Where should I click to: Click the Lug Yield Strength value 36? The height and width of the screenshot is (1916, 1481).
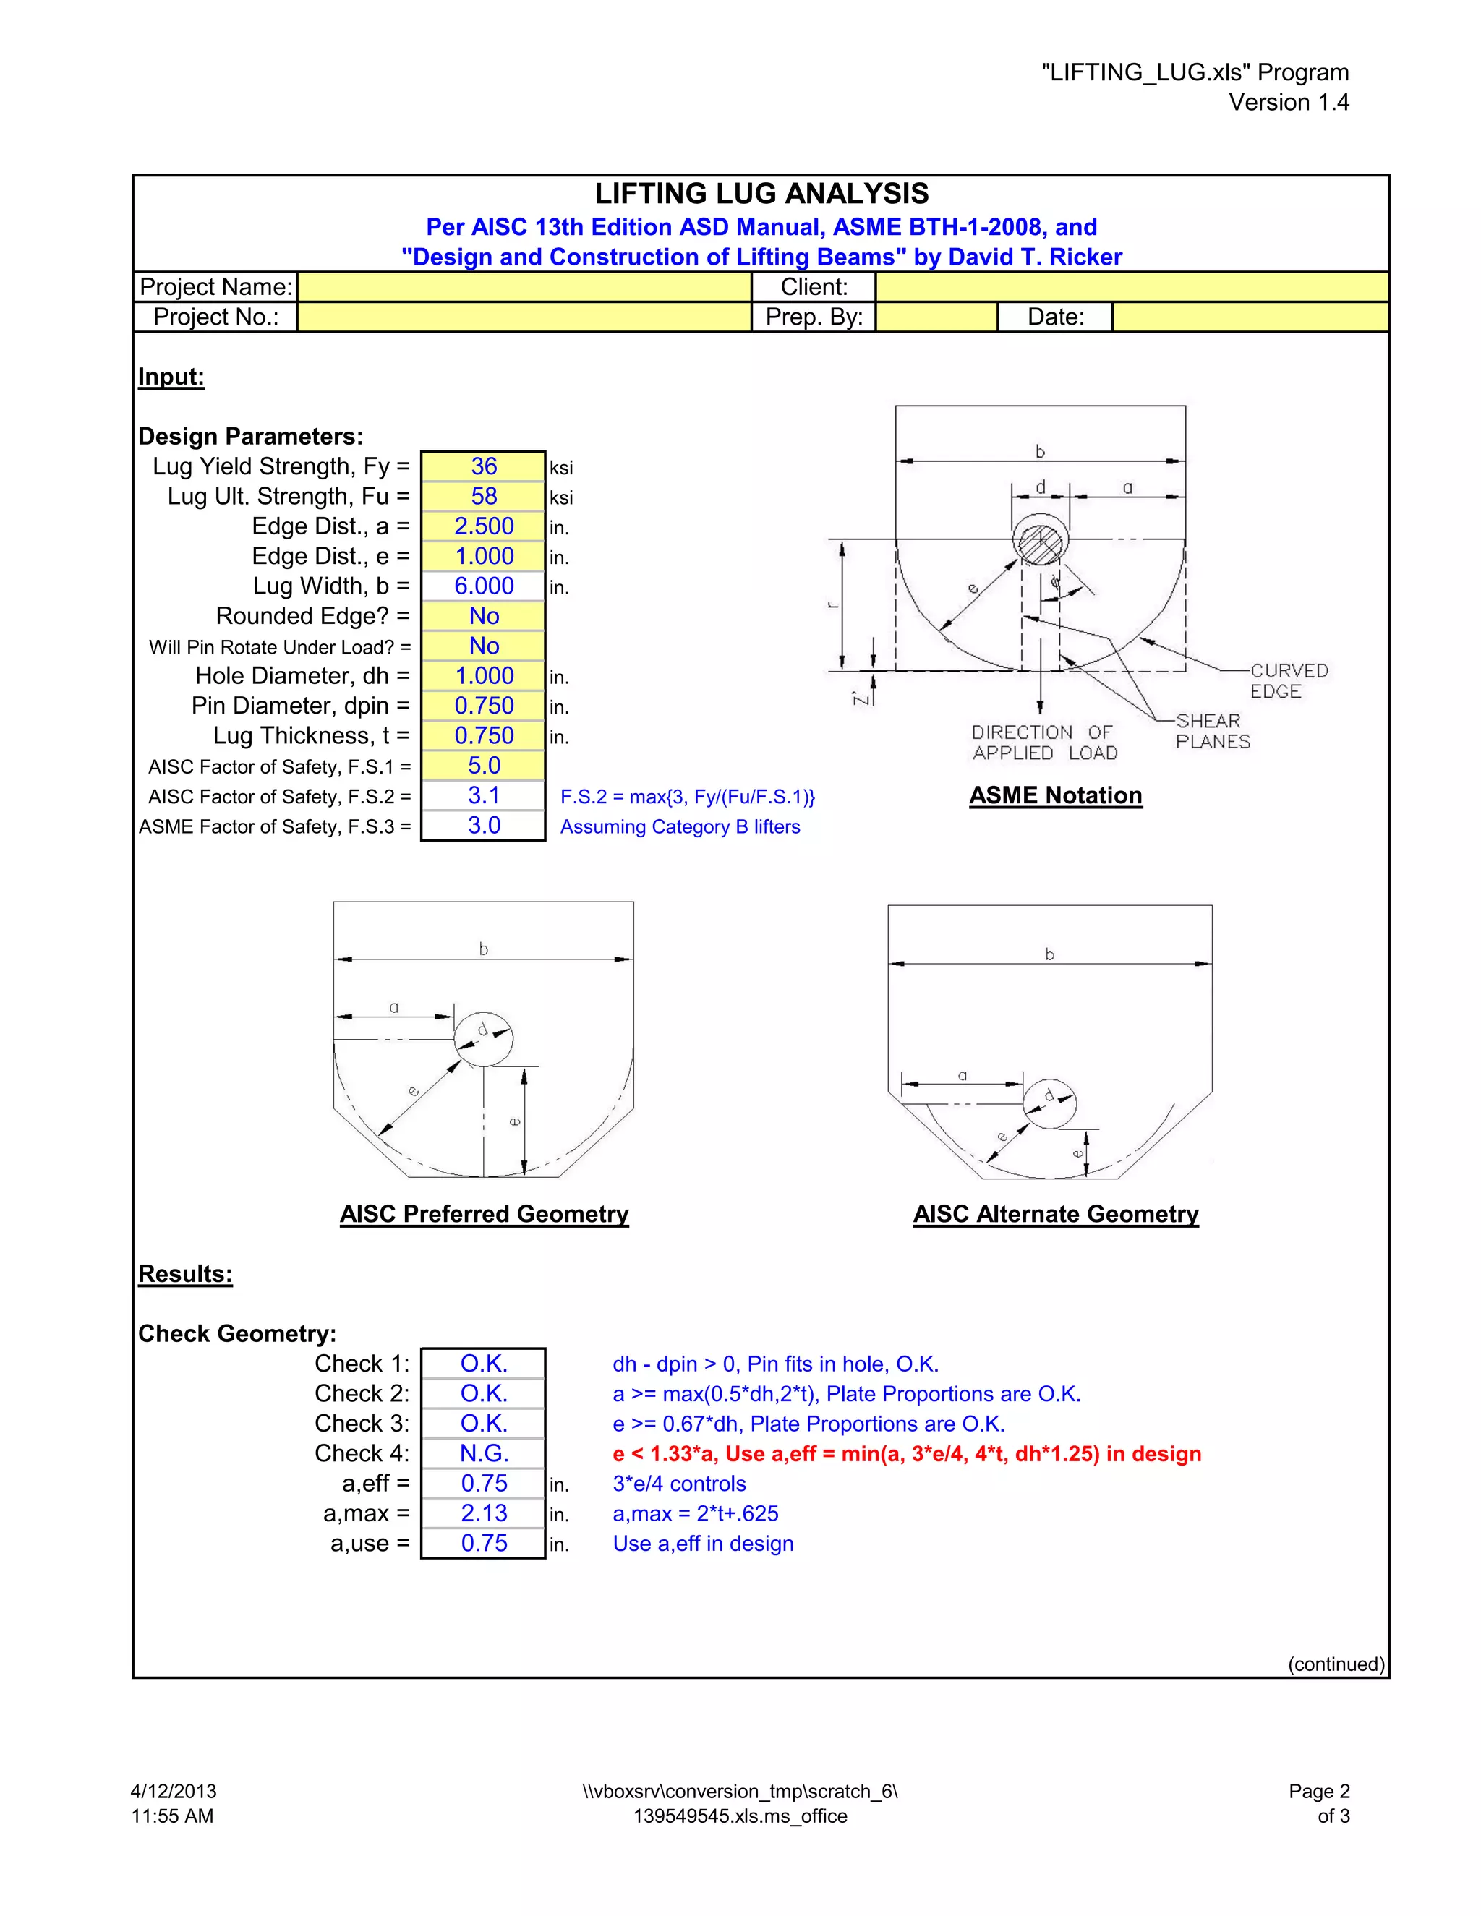(484, 467)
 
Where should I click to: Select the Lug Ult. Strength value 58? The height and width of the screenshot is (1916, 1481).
(484, 497)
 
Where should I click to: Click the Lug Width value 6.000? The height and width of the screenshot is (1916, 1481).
(484, 586)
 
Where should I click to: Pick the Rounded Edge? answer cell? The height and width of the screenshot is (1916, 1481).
(484, 616)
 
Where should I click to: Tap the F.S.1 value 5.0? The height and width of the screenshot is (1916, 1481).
(484, 766)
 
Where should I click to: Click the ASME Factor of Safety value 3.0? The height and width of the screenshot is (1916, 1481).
(484, 826)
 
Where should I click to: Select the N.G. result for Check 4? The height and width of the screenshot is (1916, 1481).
(484, 1454)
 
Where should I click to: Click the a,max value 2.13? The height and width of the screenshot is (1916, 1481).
(484, 1513)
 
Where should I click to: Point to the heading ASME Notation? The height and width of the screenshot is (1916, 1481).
(1056, 796)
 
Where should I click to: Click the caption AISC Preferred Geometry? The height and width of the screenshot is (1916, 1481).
(485, 1214)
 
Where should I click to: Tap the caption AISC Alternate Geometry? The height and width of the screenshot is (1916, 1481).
(1056, 1214)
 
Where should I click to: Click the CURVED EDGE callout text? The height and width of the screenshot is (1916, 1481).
(1288, 681)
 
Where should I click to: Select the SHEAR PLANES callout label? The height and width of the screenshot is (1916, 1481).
(1212, 731)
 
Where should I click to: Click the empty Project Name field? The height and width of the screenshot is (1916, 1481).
(524, 287)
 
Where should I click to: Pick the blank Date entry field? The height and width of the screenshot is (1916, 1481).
(1250, 317)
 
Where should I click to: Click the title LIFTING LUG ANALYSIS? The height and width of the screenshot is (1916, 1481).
(761, 194)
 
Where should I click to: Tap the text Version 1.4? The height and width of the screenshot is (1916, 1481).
(1288, 103)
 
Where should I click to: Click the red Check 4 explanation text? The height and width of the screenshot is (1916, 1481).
(906, 1454)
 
